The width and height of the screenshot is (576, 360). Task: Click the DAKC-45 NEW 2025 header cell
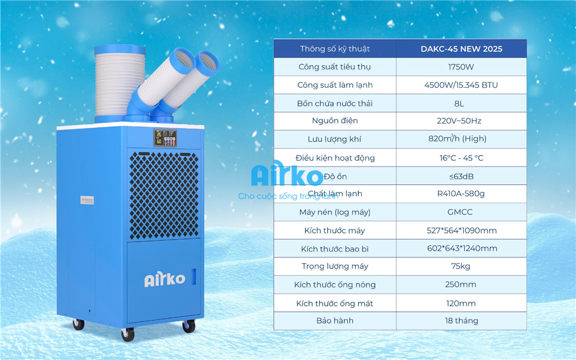[461, 49]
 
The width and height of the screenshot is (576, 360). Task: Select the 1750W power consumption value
[461, 67]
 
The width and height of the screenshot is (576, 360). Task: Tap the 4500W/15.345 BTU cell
[461, 85]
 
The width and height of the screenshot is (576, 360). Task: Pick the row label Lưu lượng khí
[334, 139]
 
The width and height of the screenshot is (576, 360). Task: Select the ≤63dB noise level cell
[461, 176]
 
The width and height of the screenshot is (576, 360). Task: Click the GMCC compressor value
[461, 212]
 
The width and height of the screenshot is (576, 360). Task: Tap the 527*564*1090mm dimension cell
[461, 230]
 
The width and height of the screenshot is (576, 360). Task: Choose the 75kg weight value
[461, 266]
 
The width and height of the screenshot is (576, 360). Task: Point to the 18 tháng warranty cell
[461, 321]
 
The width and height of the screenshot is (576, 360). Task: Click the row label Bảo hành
[335, 321]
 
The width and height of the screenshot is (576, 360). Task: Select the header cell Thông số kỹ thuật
[335, 49]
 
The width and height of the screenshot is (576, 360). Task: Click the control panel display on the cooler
[165, 138]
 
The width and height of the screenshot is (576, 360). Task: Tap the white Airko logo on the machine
[165, 280]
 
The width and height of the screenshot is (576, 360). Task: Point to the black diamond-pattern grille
[164, 195]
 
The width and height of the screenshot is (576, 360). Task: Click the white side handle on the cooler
[87, 200]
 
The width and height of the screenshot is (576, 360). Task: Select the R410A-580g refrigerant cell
[461, 194]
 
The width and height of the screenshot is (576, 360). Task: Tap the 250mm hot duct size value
[461, 285]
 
